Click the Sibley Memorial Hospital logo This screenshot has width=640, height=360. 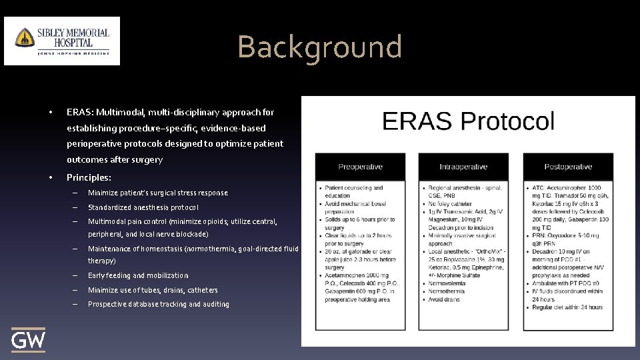tap(62, 41)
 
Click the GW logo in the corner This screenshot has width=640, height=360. tap(29, 340)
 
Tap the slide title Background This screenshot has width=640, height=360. tap(319, 47)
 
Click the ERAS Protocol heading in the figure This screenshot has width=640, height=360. tap(468, 121)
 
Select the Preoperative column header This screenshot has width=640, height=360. tap(361, 167)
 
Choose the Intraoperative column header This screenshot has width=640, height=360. tap(463, 167)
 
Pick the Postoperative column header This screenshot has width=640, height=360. tap(568, 167)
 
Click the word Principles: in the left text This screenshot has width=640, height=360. tap(89, 178)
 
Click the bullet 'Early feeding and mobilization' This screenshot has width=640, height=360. tap(138, 275)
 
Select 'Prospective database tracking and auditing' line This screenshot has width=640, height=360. tap(158, 304)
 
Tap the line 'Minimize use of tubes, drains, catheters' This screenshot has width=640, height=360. tap(153, 290)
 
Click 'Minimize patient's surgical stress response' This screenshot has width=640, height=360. tap(157, 193)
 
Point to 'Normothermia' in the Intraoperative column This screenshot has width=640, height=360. tap(451, 291)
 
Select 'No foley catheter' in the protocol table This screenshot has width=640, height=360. tap(456, 203)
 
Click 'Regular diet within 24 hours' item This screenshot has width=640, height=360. tap(567, 307)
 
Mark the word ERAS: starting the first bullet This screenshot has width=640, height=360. tap(79, 112)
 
